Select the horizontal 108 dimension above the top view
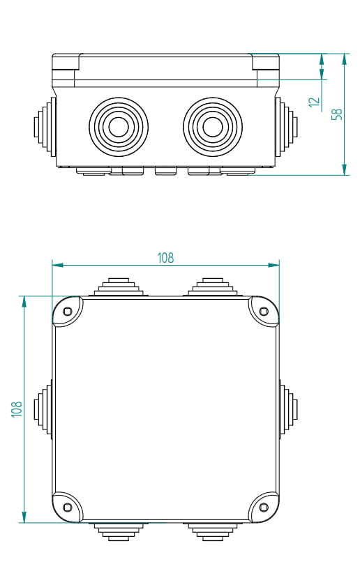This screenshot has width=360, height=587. coord(165,258)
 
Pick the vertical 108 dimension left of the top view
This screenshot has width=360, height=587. coord(17,408)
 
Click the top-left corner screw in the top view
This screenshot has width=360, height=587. coord(68,311)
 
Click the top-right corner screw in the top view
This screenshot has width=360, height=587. coord(264,311)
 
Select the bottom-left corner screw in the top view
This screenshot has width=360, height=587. coord(68,507)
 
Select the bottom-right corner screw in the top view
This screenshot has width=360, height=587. coord(264,507)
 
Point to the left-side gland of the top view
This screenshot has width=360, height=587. coord(44,409)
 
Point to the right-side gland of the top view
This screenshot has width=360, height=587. coord(288,409)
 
